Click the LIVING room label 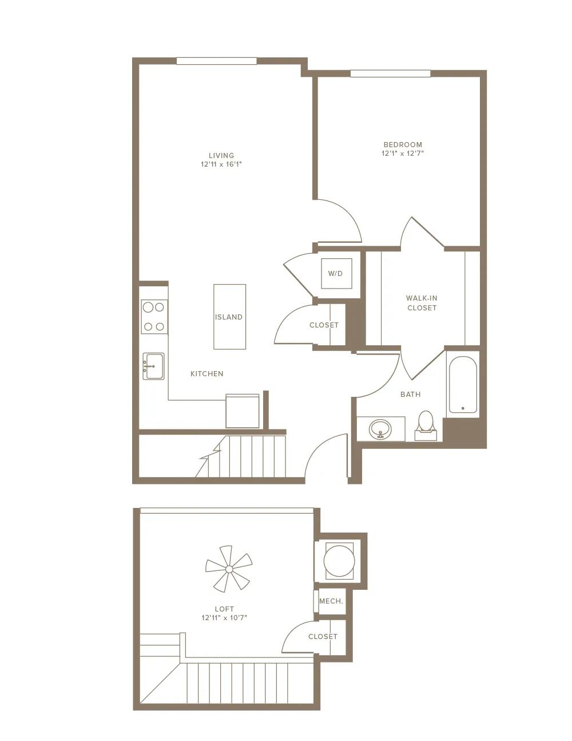[x=221, y=156]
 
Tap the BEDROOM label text [x=403, y=144]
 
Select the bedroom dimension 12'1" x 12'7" [x=403, y=153]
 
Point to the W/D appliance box [x=336, y=273]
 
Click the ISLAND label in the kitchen [x=229, y=317]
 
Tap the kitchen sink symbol [x=153, y=366]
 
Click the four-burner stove [x=154, y=317]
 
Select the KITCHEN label [x=207, y=374]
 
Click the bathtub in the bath [x=463, y=385]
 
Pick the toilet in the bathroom [x=426, y=425]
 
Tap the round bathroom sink [x=380, y=429]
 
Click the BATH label [x=411, y=395]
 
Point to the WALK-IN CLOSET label [x=422, y=303]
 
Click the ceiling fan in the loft [x=229, y=569]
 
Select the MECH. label [x=331, y=601]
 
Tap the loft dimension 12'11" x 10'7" [x=224, y=617]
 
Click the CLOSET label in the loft [x=323, y=637]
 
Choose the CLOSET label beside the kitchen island [x=324, y=325]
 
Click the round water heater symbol [x=339, y=561]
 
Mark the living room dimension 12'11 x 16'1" [x=221, y=164]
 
